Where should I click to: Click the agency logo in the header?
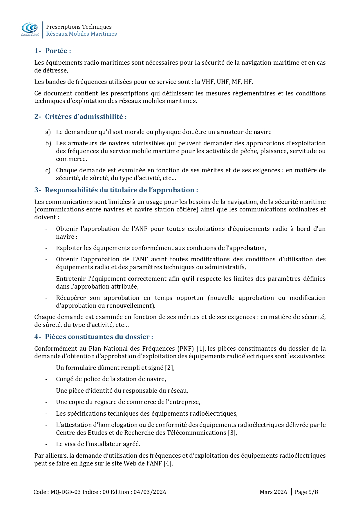pyautogui.click(x=30, y=29)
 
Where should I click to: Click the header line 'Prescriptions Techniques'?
pyautogui.click(x=79, y=27)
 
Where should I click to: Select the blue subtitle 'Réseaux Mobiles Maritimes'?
pyautogui.click(x=81, y=34)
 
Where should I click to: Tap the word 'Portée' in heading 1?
pyautogui.click(x=56, y=51)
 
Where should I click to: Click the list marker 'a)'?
pyautogui.click(x=48, y=132)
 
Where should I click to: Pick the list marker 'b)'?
pyautogui.click(x=48, y=143)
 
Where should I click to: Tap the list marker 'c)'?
pyautogui.click(x=48, y=170)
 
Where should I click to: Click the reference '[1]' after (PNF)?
pyautogui.click(x=201, y=349)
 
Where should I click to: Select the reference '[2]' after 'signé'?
pyautogui.click(x=169, y=368)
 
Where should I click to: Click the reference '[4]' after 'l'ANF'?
pyautogui.click(x=168, y=463)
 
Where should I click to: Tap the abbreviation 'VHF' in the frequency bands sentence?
pyautogui.click(x=208, y=82)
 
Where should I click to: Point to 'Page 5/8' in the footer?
pyautogui.click(x=306, y=492)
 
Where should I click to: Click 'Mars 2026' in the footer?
pyautogui.click(x=273, y=492)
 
